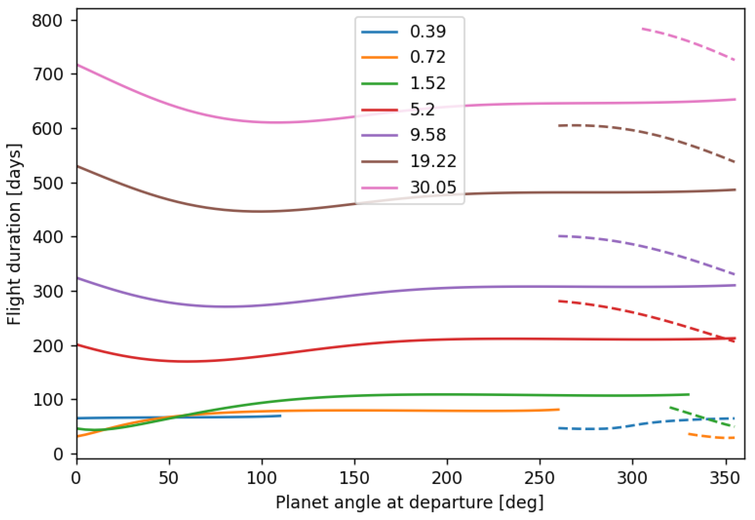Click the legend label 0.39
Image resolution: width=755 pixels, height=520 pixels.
pos(427,32)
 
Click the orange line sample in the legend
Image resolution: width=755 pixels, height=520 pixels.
pos(380,58)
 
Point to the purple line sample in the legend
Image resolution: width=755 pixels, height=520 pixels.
pos(380,135)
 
